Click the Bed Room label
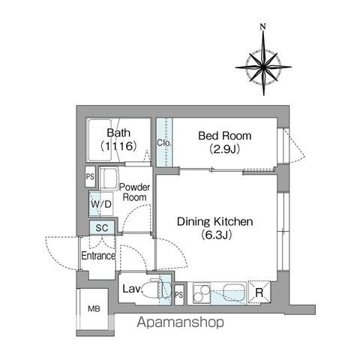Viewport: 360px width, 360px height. point(225,136)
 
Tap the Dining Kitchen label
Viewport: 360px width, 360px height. point(215,222)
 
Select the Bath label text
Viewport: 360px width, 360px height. point(118,133)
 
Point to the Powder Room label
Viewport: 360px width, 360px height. point(134,192)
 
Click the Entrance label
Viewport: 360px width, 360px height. point(98,256)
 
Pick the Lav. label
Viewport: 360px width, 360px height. point(132,289)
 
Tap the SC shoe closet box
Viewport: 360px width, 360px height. point(102,228)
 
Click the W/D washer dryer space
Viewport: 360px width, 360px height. point(101,204)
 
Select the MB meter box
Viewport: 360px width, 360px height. point(94,309)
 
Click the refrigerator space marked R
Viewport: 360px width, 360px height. point(259,292)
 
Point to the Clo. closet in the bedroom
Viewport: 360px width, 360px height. point(164,142)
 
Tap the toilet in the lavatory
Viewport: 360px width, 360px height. point(156,289)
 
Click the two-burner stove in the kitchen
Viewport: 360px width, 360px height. point(202,293)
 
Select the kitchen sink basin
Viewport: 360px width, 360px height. point(234,292)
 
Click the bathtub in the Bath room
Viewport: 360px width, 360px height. point(100,140)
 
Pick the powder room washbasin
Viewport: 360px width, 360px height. point(109,178)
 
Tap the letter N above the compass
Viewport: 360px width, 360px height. point(262,27)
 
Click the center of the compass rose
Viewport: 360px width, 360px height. point(263,67)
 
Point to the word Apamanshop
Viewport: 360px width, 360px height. point(180,322)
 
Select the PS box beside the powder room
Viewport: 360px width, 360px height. point(90,176)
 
